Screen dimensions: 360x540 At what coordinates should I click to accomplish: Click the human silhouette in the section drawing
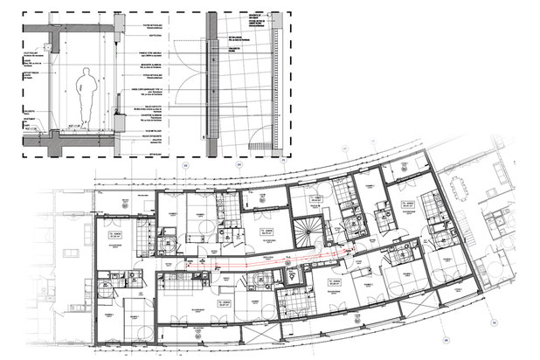[86, 92]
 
